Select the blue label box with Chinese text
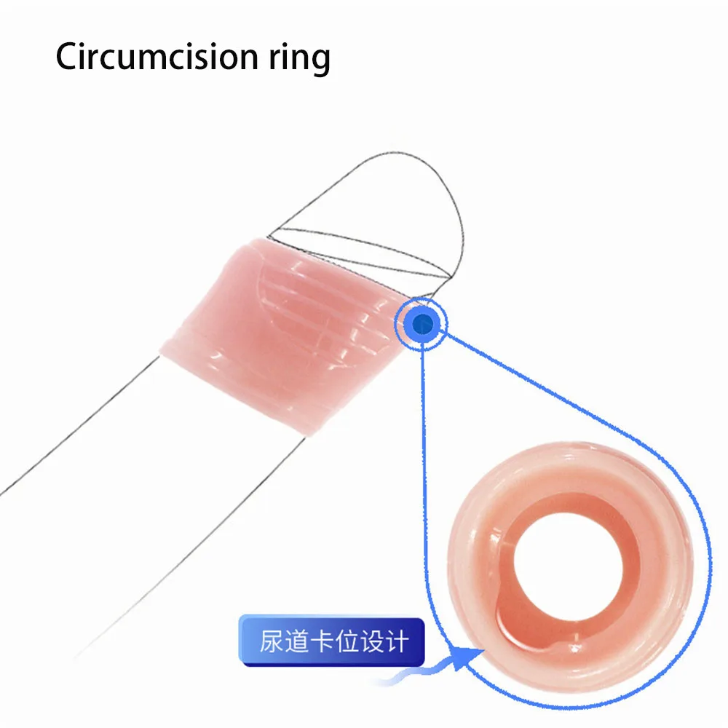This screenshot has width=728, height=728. (x=331, y=642)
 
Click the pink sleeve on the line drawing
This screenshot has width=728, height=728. (x=284, y=335)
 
